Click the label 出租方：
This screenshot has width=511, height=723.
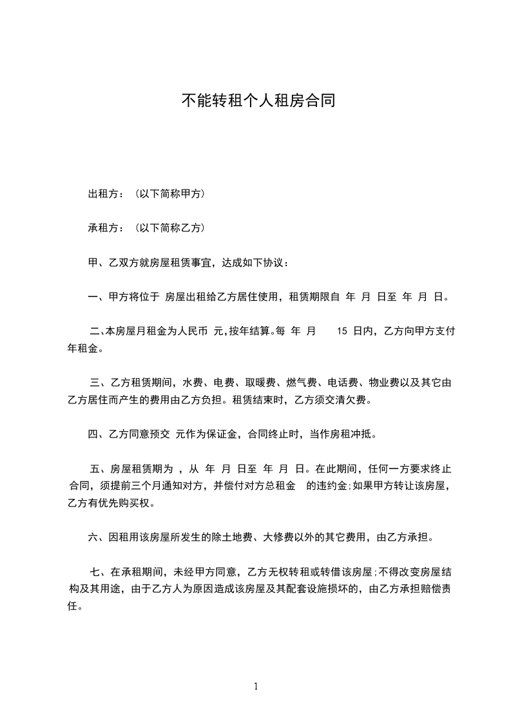[106, 193]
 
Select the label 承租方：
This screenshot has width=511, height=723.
[106, 227]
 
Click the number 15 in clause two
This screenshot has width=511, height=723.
[342, 331]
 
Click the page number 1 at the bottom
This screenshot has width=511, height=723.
[256, 686]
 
